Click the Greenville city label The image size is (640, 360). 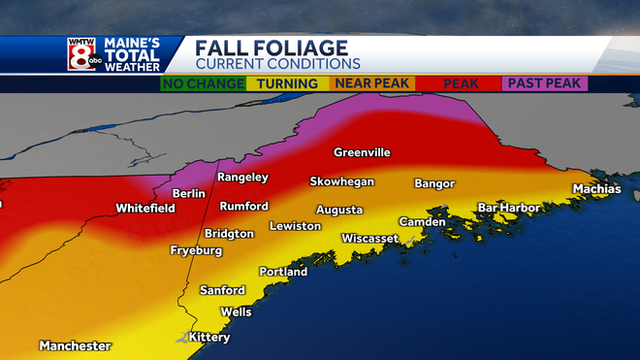tap(362, 152)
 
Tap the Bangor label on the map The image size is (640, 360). tap(434, 183)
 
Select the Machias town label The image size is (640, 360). tap(596, 188)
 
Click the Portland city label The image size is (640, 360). tap(283, 272)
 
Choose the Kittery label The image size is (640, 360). tap(209, 338)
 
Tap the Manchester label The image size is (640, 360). tap(76, 345)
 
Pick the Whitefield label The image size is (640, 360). tap(145, 208)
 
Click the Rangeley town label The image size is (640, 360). tap(242, 178)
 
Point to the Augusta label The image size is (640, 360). tap(339, 210)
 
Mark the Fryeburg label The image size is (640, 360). tap(196, 250)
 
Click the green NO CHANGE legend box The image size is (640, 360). tap(203, 84)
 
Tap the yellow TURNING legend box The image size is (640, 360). tap(288, 84)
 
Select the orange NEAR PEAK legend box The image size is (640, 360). tap(374, 84)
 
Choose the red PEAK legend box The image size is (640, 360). tap(461, 84)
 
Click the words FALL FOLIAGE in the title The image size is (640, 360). tap(271, 48)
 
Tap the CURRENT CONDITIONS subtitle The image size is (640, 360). tap(277, 63)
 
